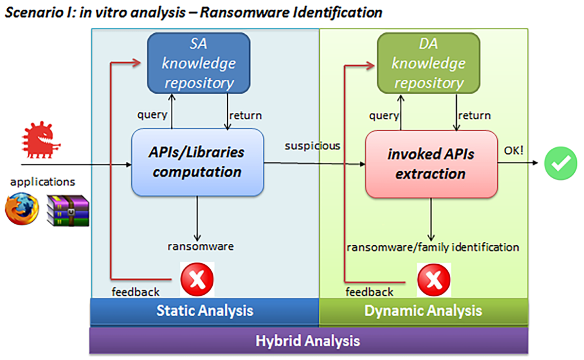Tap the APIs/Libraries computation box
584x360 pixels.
[x=198, y=162]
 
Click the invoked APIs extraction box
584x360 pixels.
[x=431, y=164]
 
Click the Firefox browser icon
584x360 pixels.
[x=22, y=209]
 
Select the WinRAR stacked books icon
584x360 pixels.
[x=68, y=210]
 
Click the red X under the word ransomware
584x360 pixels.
[x=197, y=279]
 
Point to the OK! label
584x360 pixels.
[x=514, y=150]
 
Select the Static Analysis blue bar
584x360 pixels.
[x=204, y=310]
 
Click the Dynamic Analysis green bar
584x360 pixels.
[x=423, y=310]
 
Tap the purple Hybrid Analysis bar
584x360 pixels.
[x=308, y=340]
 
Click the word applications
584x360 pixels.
[x=43, y=182]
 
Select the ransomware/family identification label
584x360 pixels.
[x=432, y=247]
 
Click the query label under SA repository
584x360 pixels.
[x=152, y=115]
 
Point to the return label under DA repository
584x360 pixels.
[x=474, y=116]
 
